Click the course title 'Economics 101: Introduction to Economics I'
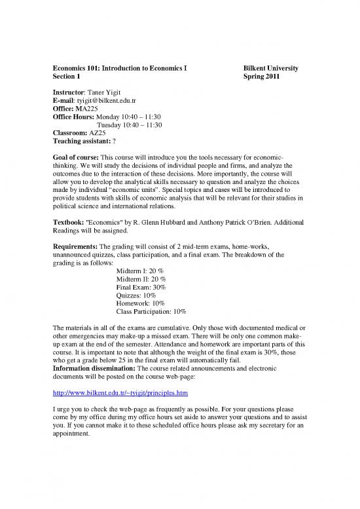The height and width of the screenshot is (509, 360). pos(120,67)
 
